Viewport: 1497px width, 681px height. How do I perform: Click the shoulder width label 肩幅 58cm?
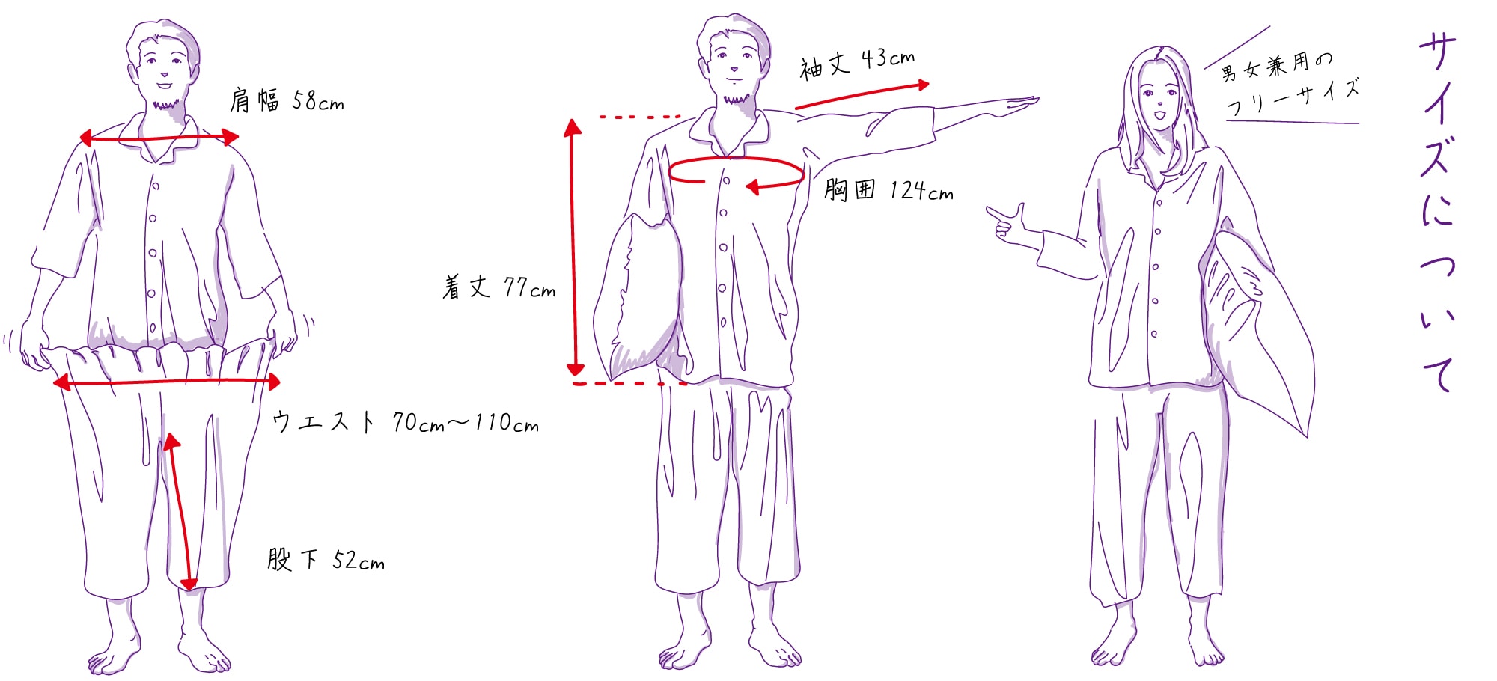(x=287, y=100)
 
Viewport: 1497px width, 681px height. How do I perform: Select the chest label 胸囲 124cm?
(x=888, y=189)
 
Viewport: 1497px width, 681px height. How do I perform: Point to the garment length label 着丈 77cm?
(x=499, y=287)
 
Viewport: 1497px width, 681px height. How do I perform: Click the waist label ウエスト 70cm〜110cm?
(x=405, y=423)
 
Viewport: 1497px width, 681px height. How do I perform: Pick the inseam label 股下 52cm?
(x=326, y=560)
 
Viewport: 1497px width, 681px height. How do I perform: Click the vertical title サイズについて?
(x=1437, y=213)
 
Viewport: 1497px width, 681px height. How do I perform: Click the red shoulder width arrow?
(x=159, y=138)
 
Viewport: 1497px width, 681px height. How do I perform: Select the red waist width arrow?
(x=167, y=382)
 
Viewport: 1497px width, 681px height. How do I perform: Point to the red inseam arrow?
(x=180, y=511)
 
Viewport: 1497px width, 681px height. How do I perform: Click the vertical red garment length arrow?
(x=574, y=247)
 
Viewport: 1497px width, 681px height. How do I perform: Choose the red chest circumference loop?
(x=736, y=159)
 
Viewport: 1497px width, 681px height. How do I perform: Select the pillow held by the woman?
(x=1257, y=329)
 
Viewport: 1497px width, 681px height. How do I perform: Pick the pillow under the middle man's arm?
(x=638, y=299)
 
